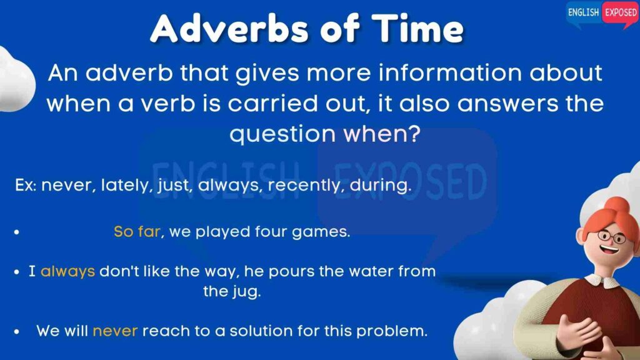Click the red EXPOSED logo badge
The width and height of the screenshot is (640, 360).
(x=621, y=13)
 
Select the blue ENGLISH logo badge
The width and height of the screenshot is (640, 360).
(x=583, y=13)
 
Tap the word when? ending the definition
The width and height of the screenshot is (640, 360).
(x=382, y=134)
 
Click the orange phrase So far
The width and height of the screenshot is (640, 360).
(x=137, y=231)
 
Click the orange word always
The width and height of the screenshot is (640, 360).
(x=67, y=271)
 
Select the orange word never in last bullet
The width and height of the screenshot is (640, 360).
(x=115, y=331)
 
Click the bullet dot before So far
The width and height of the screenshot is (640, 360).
(x=17, y=232)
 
